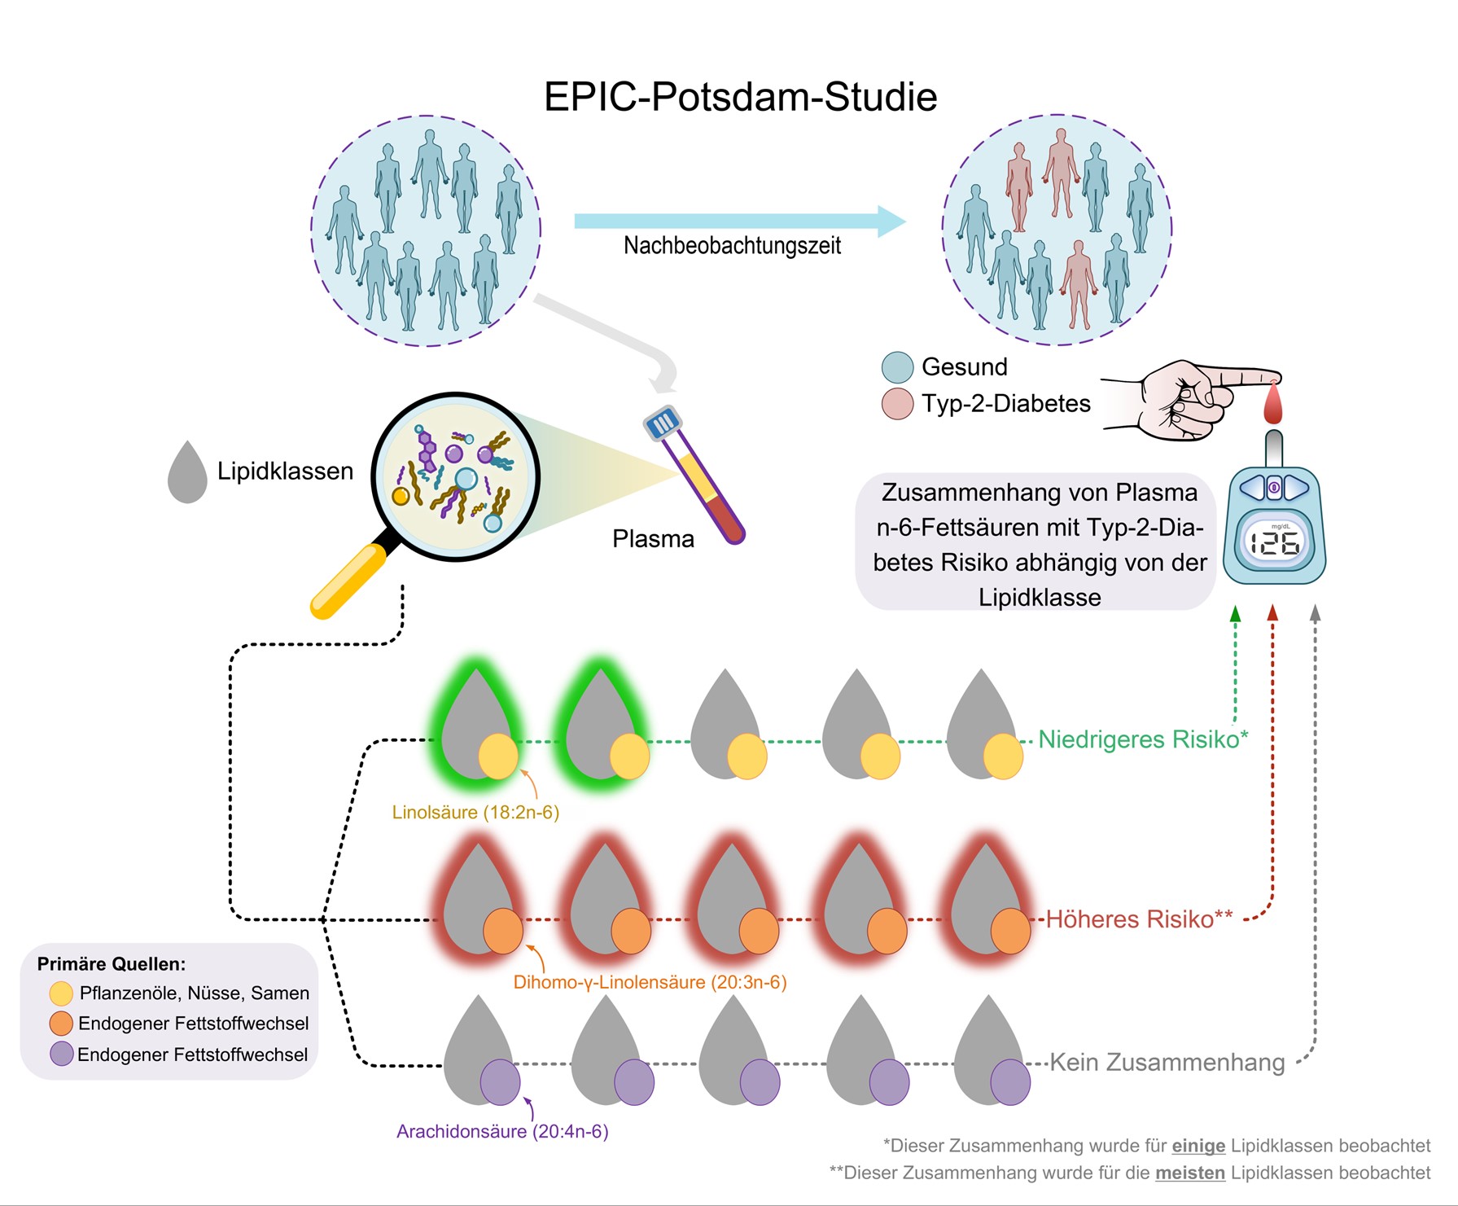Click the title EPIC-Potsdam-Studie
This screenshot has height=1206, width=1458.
click(x=740, y=97)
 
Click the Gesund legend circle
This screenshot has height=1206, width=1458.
click(x=897, y=367)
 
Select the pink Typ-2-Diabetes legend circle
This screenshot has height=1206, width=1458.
click(x=897, y=404)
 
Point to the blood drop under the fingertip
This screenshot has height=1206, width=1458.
click(x=1272, y=403)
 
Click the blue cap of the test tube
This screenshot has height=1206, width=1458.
click(x=662, y=423)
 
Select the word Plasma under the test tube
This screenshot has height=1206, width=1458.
click(x=653, y=539)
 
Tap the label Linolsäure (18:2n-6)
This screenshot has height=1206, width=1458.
click(x=475, y=812)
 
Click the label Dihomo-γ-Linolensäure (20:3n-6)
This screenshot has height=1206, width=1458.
click(x=650, y=982)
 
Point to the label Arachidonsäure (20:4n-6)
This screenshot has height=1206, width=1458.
click(x=502, y=1131)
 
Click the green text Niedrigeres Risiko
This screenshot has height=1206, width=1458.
click(x=1138, y=739)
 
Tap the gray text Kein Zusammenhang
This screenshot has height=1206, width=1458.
click(x=1167, y=1063)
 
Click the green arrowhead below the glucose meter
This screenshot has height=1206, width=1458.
click(x=1235, y=614)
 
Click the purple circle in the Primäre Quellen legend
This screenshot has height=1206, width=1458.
click(x=62, y=1054)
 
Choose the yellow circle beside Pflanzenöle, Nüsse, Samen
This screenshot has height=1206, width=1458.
click(x=61, y=993)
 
